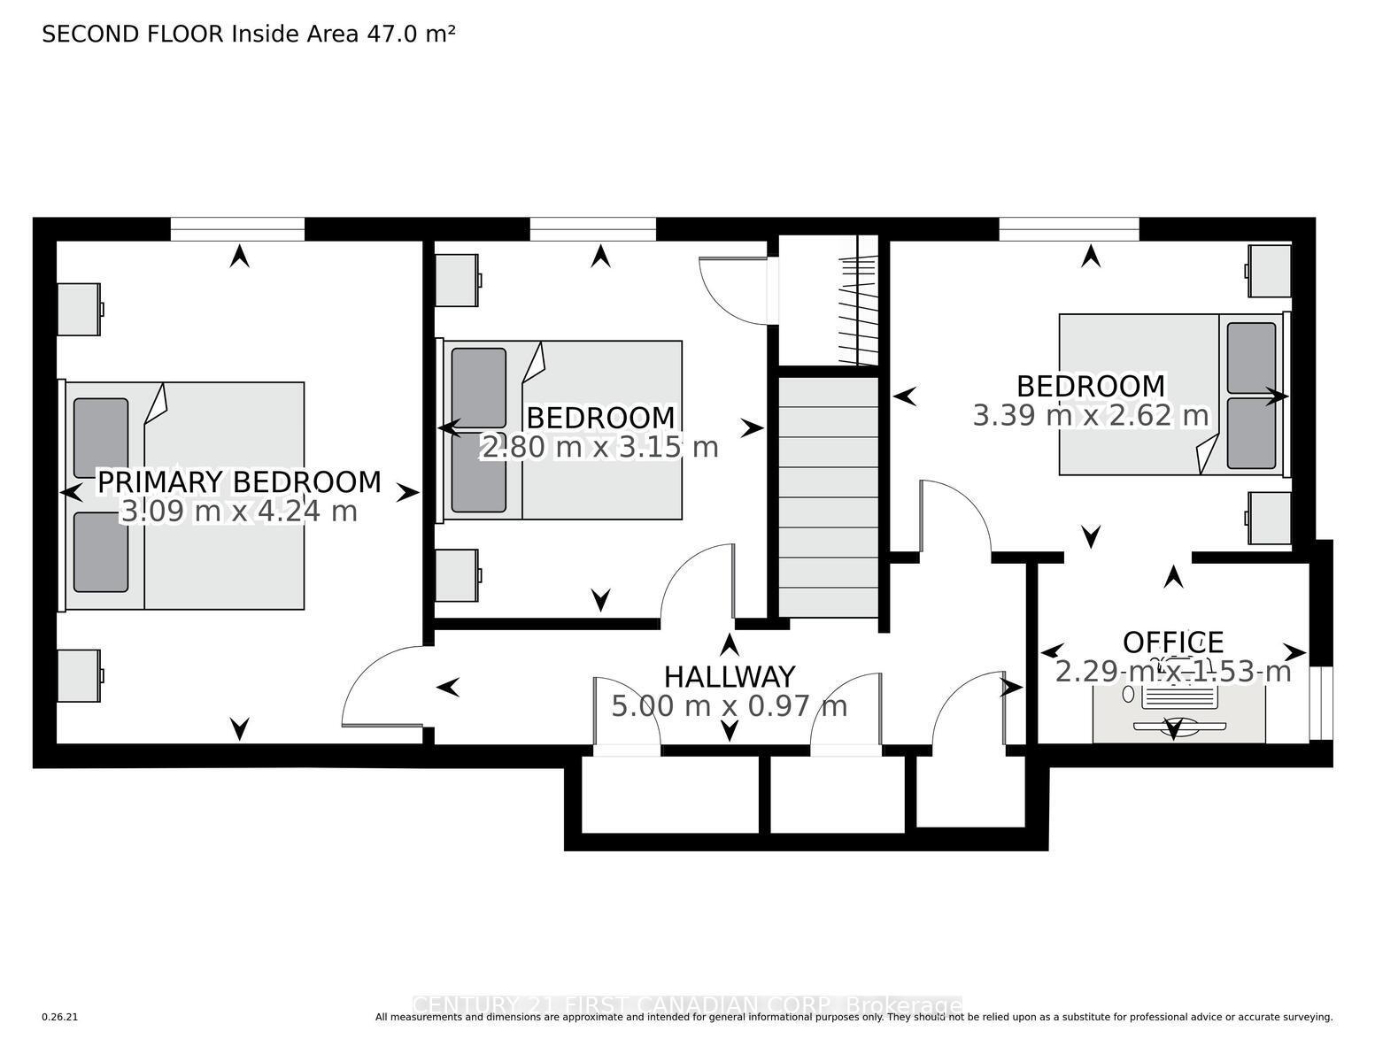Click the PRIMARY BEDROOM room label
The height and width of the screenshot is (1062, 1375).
pos(239,482)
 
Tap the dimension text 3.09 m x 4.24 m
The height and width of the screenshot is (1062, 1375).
pos(239,512)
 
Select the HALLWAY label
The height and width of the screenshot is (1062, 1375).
pos(730,677)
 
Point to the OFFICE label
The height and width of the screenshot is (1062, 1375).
pos(1173,643)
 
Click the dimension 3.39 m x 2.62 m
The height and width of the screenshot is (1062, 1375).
pos(1090,415)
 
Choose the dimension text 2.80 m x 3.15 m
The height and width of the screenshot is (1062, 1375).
pos(599,447)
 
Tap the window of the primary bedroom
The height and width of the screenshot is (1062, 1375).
pos(237,229)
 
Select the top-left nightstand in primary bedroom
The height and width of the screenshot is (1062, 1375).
pos(79,309)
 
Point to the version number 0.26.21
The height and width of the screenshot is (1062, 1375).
pos(60,1017)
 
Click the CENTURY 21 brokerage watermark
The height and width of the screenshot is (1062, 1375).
pos(687,1006)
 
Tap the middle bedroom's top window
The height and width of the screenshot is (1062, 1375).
pos(592,229)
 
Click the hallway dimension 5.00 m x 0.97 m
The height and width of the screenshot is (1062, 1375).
pos(730,706)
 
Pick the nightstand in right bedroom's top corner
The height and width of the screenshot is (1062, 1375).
pos(1270,271)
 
